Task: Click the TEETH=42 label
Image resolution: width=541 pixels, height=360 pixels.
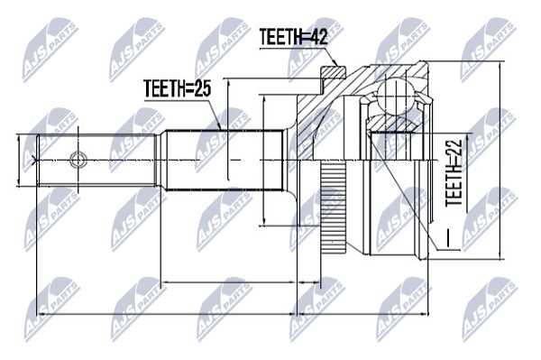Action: [293, 37]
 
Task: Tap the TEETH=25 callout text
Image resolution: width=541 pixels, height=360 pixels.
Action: [178, 88]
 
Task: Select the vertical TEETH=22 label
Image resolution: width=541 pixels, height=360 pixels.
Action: [454, 173]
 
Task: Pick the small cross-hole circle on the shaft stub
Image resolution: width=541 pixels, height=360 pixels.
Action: [78, 160]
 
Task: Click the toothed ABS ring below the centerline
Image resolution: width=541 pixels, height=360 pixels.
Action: [333, 208]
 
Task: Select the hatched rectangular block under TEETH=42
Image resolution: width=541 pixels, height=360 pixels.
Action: [333, 72]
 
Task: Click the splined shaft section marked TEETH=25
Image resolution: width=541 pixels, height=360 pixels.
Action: [225, 160]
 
